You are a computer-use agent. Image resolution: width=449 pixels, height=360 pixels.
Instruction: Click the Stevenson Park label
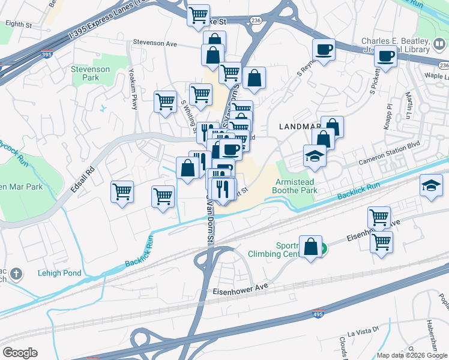(x=90, y=74)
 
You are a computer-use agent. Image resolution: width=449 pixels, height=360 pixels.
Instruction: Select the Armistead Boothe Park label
(x=295, y=186)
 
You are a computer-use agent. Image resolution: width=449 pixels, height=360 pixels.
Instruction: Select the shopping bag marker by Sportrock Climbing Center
(x=310, y=247)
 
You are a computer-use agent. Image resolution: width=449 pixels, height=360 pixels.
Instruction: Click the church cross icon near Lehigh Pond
(x=16, y=274)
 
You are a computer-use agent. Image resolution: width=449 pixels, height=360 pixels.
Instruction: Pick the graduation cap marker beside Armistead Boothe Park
(x=314, y=156)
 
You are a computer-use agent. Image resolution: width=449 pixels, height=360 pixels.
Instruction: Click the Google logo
(x=20, y=352)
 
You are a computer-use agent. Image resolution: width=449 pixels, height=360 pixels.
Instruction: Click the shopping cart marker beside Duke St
(x=198, y=15)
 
